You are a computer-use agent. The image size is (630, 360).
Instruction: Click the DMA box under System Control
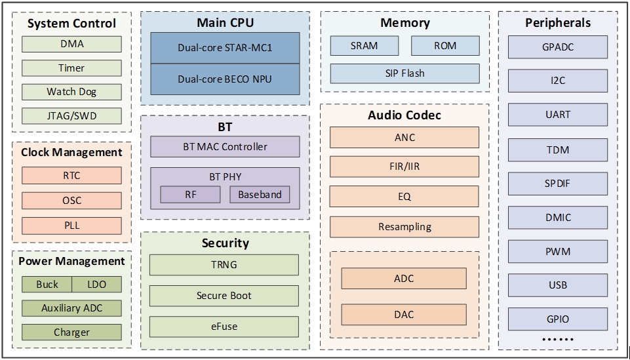pos(71,45)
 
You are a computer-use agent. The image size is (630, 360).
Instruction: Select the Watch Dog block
pos(71,92)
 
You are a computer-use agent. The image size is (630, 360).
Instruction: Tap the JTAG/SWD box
pos(71,116)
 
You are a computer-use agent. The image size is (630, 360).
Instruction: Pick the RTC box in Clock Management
pos(71,176)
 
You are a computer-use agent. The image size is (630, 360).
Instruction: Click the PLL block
pos(71,226)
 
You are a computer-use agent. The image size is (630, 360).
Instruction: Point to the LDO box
pos(96,285)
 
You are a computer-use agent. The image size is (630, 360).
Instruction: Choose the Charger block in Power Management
pos(71,332)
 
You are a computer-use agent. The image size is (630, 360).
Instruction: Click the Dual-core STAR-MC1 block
pos(225,48)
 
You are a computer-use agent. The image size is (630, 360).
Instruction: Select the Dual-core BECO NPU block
pos(225,79)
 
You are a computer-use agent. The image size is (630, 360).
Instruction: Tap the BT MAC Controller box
pos(225,147)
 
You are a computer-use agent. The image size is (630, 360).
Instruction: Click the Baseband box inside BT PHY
pos(260,195)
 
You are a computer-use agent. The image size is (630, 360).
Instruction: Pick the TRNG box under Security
pos(224,265)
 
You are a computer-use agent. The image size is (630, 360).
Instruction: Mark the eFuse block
pos(224,326)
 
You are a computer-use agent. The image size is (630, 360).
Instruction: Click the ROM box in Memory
pos(445,46)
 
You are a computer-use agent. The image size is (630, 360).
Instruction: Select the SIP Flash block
pos(404,73)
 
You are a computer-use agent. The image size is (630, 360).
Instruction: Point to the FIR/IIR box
pos(404,167)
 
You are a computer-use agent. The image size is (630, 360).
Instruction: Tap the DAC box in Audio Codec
pos(404,315)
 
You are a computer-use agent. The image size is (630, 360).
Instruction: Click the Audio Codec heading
pos(404,115)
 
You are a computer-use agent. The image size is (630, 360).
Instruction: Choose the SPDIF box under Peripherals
pos(558,184)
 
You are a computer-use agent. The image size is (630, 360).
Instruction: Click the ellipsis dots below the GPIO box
pos(558,340)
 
